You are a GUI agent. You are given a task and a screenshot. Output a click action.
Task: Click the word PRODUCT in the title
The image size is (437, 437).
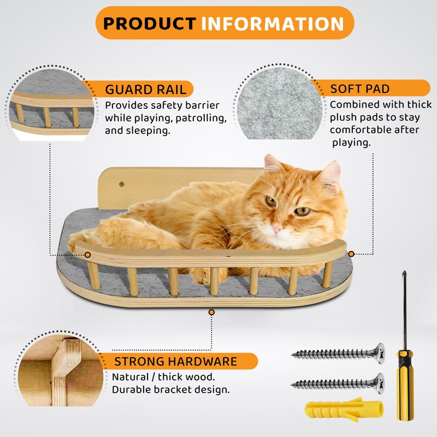click(x=149, y=23)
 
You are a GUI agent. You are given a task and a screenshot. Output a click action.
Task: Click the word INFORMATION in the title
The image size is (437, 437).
click(x=272, y=23)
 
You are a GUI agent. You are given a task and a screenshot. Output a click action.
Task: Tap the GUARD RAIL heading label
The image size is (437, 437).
click(x=145, y=90)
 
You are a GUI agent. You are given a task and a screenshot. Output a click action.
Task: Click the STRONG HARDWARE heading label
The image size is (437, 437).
click(x=175, y=362)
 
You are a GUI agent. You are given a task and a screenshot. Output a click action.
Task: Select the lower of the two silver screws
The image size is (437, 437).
click(x=339, y=383)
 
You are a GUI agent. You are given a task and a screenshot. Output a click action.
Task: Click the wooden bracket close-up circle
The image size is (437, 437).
click(x=55, y=371)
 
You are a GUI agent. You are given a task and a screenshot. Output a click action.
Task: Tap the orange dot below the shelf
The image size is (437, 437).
click(x=212, y=312)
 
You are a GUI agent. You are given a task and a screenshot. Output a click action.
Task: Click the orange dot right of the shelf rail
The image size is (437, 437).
click(x=351, y=254)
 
